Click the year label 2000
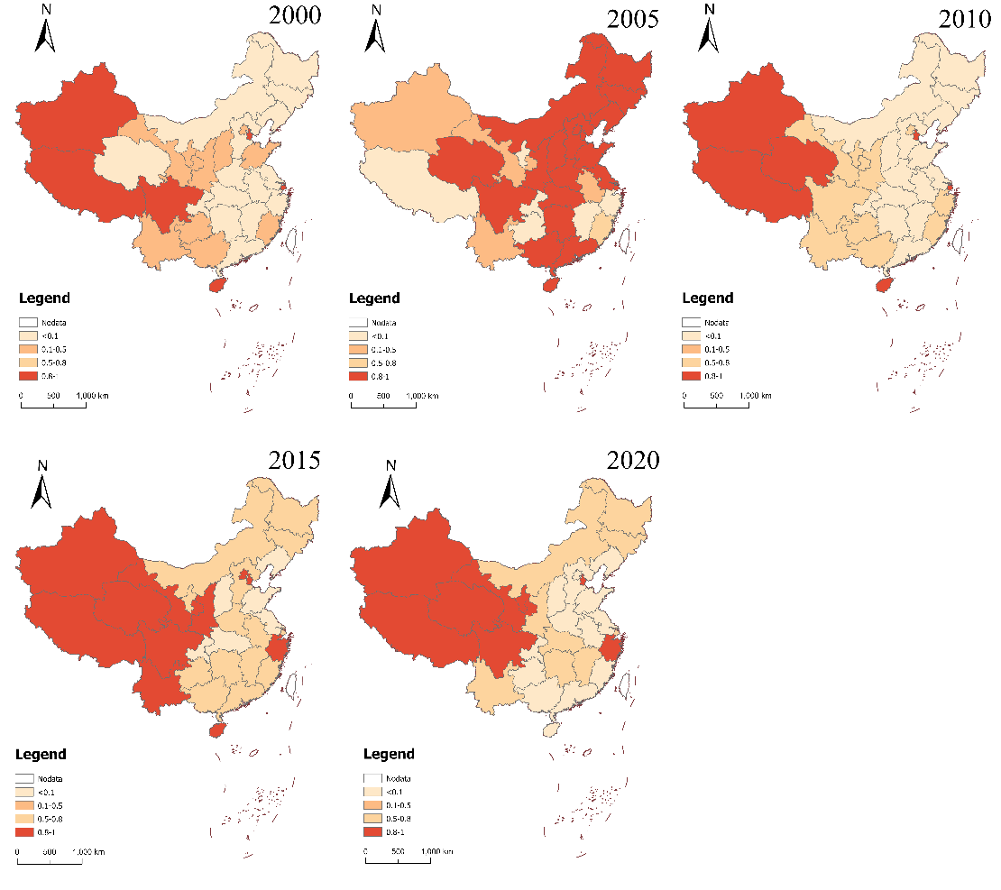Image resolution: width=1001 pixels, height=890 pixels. point(295,17)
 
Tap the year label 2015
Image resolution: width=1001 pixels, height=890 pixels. point(295,460)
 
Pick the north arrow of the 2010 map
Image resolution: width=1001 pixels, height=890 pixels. point(710,30)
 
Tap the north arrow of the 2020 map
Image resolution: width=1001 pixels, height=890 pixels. point(390,487)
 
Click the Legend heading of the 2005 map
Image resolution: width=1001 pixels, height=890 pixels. point(374,298)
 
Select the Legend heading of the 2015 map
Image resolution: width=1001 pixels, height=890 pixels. point(41,754)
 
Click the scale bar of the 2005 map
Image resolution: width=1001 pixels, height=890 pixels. point(383,404)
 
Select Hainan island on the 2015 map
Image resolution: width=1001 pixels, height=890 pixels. point(216,729)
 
